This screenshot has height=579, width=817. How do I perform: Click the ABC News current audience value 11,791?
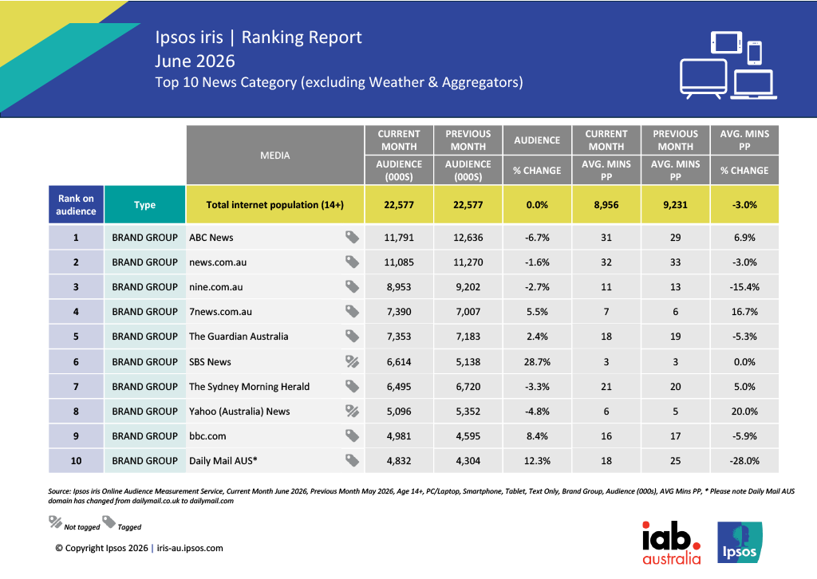pos(399,238)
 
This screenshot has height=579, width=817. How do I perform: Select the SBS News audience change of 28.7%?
pos(537,362)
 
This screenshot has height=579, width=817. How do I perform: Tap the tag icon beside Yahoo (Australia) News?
pos(352,412)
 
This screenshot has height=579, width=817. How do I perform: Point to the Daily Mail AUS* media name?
pos(223,461)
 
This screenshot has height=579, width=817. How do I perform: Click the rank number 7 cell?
pos(76,386)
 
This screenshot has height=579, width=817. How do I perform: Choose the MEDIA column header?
pos(275,156)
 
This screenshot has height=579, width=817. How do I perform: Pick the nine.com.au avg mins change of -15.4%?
pos(744,287)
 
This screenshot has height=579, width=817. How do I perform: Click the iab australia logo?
pos(671,542)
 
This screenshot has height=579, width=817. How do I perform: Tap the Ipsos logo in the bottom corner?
pos(740,542)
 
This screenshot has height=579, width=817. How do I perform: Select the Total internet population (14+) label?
pos(275,205)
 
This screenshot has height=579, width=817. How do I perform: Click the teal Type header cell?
pos(145,205)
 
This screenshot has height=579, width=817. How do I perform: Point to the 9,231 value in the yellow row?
pos(675,205)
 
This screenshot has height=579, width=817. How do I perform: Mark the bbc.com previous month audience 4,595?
pos(468,435)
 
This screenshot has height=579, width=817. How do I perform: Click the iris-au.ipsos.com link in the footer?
pos(190,548)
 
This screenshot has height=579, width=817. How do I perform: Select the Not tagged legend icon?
pos(55,522)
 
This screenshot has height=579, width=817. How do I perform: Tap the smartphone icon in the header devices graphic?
pos(755,53)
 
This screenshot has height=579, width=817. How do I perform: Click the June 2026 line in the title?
pos(195,61)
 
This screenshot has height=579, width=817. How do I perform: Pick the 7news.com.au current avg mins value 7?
pos(606,312)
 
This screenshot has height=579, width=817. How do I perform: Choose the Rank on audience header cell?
pos(76,205)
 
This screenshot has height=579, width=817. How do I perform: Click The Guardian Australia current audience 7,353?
pos(399,337)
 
